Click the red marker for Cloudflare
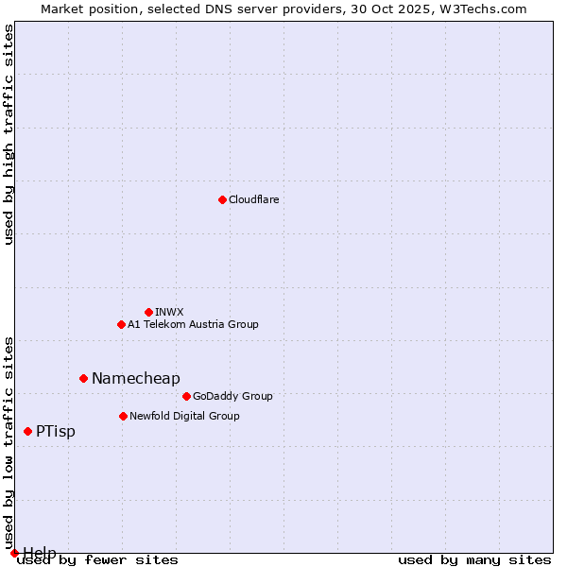[222, 199]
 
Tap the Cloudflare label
[253, 199]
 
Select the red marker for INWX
[148, 312]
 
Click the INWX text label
[169, 312]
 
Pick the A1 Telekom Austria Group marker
[121, 324]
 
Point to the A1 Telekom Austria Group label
[193, 324]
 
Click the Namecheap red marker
[83, 378]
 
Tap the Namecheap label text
[135, 378]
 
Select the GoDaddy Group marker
[186, 396]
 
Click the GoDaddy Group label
[232, 396]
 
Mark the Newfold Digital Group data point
[123, 416]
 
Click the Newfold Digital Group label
[184, 416]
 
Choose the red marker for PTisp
[27, 431]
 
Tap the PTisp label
[56, 431]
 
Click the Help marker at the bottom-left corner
[14, 553]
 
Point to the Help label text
[40, 552]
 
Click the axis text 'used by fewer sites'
[97, 560]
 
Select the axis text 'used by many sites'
[474, 560]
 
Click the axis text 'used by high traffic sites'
[9, 134]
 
